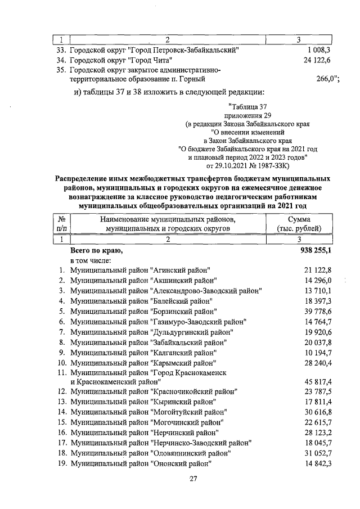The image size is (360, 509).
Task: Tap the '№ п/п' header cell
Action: tap(62, 223)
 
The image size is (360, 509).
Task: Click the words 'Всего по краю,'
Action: tap(96, 250)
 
